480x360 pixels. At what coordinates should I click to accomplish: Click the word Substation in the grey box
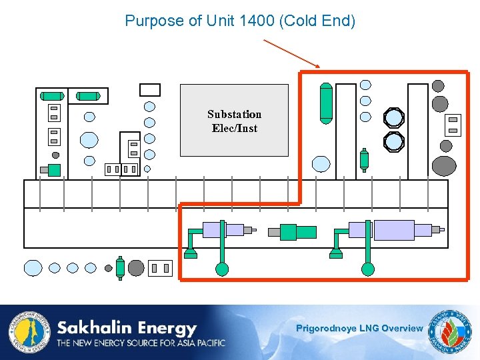(234, 114)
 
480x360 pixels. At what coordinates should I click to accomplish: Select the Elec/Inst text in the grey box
(234, 128)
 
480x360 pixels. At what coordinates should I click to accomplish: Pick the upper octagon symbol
(394, 118)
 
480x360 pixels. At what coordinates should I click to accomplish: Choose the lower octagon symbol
(394, 141)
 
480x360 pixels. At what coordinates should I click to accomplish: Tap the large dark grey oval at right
(444, 165)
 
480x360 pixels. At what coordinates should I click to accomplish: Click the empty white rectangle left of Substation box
(150, 89)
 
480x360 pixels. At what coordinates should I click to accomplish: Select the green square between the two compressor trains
(288, 231)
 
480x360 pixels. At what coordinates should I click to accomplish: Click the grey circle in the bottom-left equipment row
(136, 268)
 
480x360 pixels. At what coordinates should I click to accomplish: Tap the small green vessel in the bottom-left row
(120, 267)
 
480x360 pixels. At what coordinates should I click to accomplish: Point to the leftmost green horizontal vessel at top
(52, 96)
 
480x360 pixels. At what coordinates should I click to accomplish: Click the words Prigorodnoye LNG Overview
(359, 328)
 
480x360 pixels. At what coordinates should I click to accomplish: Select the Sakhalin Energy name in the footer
(127, 328)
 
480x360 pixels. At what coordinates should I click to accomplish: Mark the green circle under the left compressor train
(222, 269)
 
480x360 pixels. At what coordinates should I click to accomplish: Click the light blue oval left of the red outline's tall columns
(321, 164)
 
